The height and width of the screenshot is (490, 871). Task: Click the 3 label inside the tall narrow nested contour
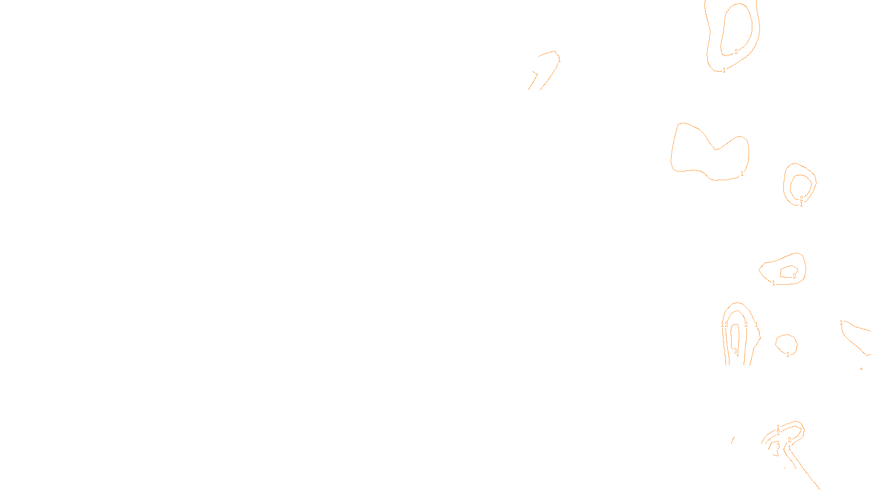[x=735, y=351]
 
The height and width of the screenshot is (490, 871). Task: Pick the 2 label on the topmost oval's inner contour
[x=736, y=52]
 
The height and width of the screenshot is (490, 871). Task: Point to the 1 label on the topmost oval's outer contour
[x=724, y=70]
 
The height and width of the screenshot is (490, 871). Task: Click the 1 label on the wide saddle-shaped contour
[x=741, y=174]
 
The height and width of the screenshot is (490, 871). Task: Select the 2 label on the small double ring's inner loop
[x=801, y=198]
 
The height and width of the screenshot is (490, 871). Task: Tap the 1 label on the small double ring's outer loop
[x=801, y=205]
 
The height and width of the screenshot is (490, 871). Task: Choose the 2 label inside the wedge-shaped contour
[x=794, y=276]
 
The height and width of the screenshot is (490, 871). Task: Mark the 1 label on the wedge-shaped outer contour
[x=774, y=283]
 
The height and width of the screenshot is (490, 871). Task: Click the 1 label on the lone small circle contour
[x=788, y=354]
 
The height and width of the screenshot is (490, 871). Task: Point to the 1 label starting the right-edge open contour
[x=841, y=323]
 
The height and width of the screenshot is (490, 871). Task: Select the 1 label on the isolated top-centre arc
[x=559, y=60]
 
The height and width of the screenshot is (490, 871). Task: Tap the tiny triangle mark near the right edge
[x=861, y=369]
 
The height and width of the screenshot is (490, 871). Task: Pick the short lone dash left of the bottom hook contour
[x=733, y=439]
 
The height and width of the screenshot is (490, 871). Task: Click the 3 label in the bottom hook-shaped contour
[x=778, y=445]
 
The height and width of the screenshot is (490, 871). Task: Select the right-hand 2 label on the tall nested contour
[x=746, y=324]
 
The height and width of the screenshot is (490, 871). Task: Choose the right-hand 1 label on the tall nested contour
[x=756, y=324]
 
